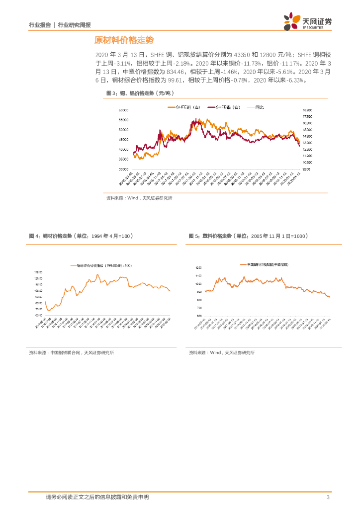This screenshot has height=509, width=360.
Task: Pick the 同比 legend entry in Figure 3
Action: coord(259,107)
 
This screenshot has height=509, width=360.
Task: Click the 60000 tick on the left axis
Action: coord(123,110)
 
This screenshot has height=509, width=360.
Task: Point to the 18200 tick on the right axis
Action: coord(307,110)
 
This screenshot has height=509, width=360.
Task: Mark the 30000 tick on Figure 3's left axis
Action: coord(123,169)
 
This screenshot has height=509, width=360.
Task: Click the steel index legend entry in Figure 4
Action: coord(102,266)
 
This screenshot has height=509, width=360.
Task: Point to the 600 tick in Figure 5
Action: coord(199,316)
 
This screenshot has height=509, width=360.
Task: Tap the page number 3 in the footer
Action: coord(328,497)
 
